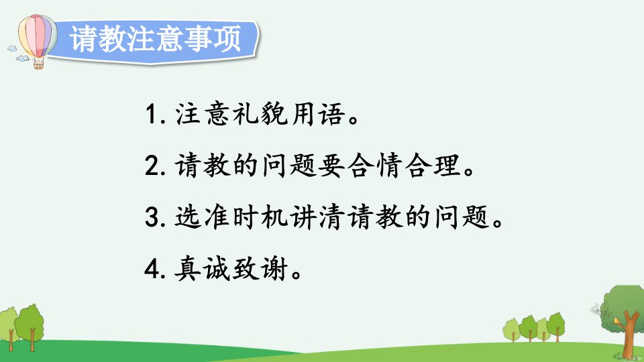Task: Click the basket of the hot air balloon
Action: [x=38, y=64]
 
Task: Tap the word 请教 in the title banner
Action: [x=99, y=39]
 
